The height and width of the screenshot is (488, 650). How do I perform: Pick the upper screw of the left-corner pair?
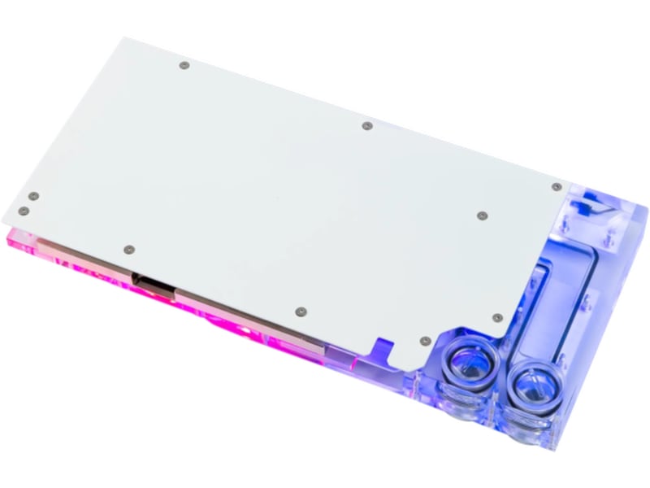pos(33,195)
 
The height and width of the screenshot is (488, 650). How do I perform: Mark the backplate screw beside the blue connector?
pos(557,186)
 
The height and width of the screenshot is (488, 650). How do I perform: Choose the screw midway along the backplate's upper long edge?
pos(366,126)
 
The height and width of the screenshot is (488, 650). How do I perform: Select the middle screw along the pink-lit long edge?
pos(301,311)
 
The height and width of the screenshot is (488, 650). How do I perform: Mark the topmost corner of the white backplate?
pos(122,37)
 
